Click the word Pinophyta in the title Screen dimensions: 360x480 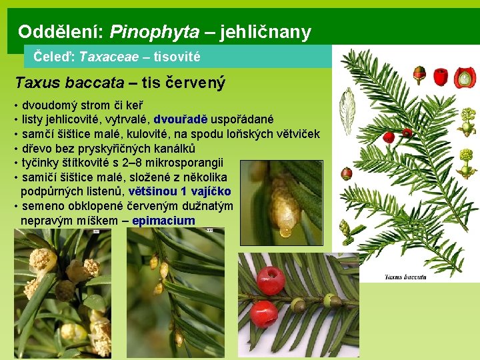[x=154, y=31]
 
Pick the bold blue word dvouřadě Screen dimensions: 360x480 [x=181, y=120]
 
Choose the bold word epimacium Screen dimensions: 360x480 [x=163, y=221]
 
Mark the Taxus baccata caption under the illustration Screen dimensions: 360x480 [x=406, y=277]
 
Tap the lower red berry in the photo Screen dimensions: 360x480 [x=263, y=313]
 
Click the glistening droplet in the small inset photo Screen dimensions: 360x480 [x=285, y=231]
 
